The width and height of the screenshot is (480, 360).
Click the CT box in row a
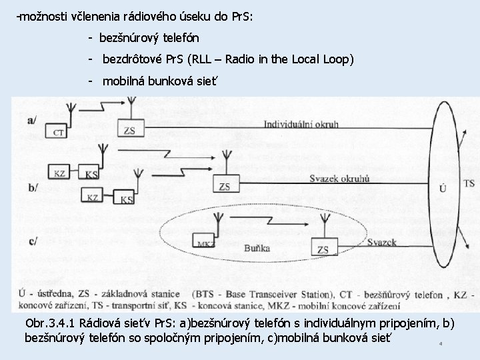coord(59,133)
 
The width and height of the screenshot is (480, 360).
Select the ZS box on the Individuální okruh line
coord(129,130)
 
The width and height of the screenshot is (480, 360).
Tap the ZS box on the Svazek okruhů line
coord(225,186)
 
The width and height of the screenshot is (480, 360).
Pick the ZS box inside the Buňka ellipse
coord(323,249)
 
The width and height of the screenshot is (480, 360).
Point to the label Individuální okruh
coord(301,124)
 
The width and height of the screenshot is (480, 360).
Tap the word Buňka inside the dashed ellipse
coord(257,249)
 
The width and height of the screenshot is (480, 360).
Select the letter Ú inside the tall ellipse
coord(443,189)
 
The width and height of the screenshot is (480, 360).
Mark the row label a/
coord(32,120)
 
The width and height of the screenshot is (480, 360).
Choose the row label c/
coord(31,241)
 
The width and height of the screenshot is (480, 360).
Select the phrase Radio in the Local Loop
coord(287,59)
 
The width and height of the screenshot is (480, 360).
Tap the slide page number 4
coord(441,344)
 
